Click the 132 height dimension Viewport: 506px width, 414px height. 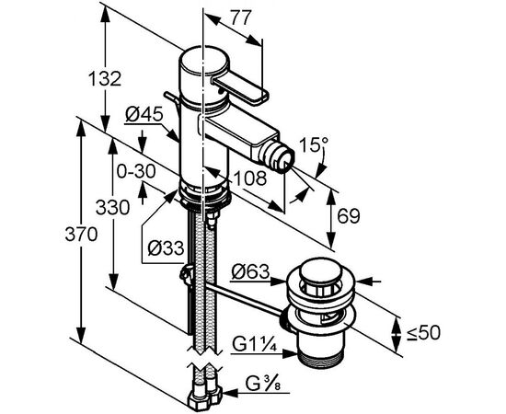(x=105, y=78)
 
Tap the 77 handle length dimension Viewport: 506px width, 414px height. (x=241, y=17)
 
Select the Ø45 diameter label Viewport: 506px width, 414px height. (x=144, y=114)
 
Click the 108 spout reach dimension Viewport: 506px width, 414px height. (x=251, y=178)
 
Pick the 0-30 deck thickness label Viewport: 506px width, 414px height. (x=136, y=172)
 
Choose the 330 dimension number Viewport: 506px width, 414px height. (x=112, y=207)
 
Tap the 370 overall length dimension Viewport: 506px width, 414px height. (x=81, y=234)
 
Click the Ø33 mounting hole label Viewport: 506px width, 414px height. (x=166, y=248)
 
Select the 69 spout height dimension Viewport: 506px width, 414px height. (x=348, y=216)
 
